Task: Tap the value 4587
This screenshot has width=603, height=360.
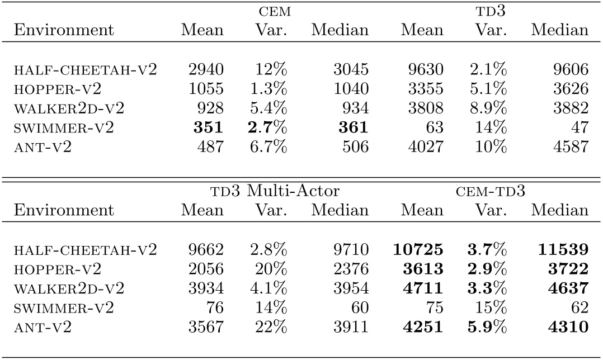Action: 569,146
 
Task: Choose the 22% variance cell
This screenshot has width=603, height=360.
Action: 272,327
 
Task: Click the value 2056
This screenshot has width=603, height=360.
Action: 206,269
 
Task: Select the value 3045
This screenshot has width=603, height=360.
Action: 350,69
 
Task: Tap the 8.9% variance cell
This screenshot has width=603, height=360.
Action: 488,108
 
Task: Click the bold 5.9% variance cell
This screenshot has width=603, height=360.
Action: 488,327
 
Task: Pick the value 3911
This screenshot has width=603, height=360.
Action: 350,327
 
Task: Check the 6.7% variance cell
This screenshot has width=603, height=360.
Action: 268,146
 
